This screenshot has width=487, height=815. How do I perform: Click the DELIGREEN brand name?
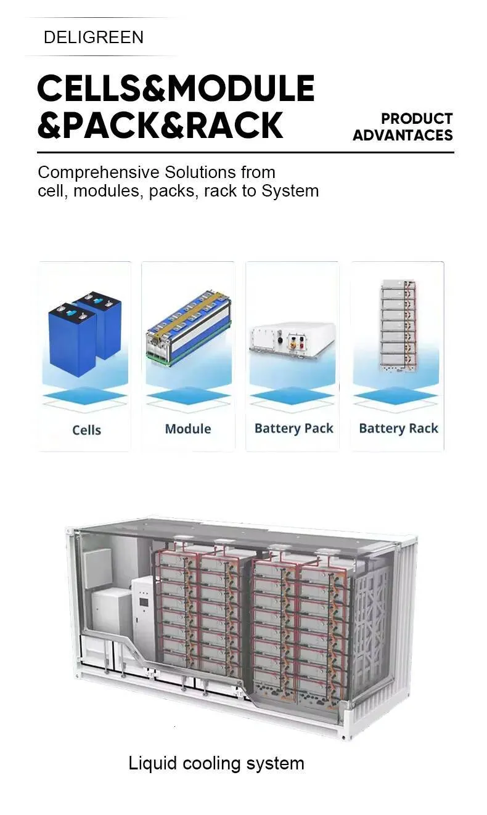point(94,37)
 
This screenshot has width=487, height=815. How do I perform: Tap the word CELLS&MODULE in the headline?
point(176,88)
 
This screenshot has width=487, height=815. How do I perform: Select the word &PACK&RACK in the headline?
point(160,125)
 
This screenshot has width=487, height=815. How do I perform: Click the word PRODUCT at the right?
point(417,119)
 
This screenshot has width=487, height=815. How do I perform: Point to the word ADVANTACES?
point(403,136)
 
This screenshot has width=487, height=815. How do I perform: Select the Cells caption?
point(87,430)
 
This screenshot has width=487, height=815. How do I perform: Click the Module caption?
point(188,429)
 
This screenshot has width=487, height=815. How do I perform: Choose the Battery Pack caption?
point(293,429)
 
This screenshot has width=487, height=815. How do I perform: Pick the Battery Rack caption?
point(399,429)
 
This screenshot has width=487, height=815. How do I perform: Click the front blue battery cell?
point(72,340)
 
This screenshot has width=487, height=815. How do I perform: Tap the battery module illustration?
point(189,328)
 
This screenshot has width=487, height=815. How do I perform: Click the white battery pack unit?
point(292,341)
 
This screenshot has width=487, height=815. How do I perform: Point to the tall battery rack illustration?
point(399,326)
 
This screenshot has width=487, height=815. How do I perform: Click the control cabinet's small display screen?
point(144,602)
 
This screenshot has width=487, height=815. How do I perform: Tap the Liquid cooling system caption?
point(216,763)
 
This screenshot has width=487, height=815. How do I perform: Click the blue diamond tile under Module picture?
point(189,396)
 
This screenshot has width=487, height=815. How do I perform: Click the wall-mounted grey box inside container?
point(97,569)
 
